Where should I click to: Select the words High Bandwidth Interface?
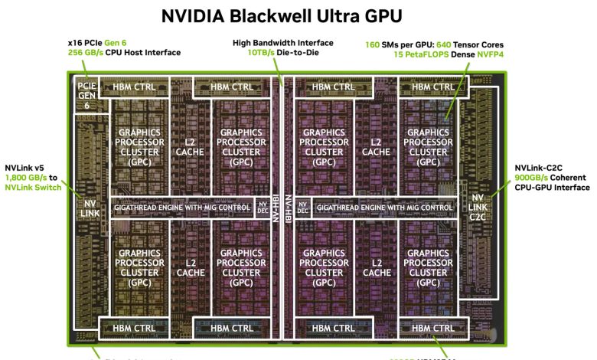[x=283, y=43]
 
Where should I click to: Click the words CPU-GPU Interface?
[x=552, y=187]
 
